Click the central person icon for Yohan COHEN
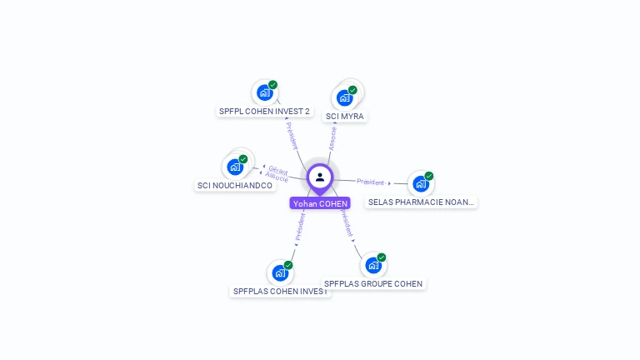(320, 177)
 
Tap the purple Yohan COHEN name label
(320, 203)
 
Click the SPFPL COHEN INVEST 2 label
(264, 111)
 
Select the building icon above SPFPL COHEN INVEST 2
(264, 92)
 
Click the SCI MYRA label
(344, 116)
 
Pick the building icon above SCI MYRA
(344, 97)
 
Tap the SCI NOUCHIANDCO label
(234, 185)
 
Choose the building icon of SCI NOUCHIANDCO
(235, 167)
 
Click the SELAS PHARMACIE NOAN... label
(421, 202)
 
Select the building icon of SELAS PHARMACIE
(421, 183)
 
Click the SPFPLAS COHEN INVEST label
(280, 291)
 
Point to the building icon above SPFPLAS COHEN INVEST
(280, 272)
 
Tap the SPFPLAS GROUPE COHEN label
(373, 283)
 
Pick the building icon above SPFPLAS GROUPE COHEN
(373, 265)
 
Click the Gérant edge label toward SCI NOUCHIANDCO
(278, 170)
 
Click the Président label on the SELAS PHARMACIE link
(370, 182)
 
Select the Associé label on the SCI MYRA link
(332, 138)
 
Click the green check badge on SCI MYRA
(352, 90)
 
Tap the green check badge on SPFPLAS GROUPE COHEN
(382, 257)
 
